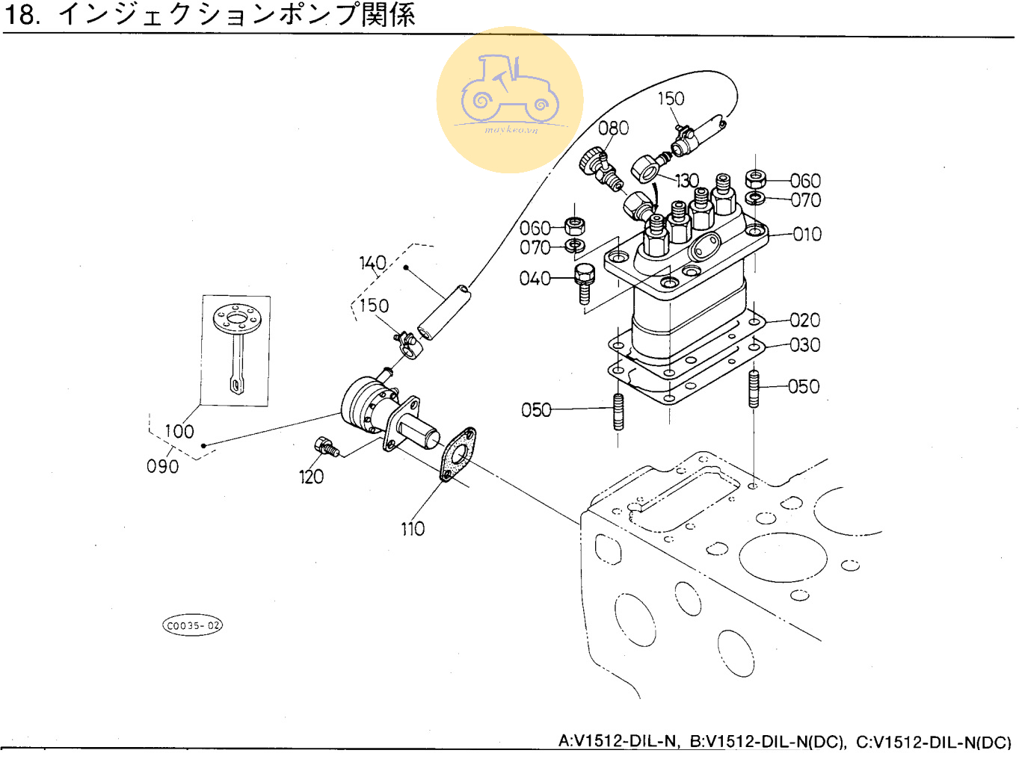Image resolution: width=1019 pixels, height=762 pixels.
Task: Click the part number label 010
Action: coord(807,235)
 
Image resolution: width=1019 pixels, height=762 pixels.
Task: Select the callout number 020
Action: coord(804,320)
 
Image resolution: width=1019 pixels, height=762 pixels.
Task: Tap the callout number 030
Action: coord(804,345)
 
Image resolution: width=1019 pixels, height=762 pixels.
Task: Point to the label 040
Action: coord(535,279)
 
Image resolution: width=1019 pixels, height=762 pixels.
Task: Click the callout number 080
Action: coord(613,128)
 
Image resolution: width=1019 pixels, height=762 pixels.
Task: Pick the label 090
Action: coord(162,466)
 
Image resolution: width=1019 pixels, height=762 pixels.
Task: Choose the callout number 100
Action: coord(179,432)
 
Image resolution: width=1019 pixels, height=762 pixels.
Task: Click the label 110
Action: coord(413,530)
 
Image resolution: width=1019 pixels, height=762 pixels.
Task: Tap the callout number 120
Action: coord(311,477)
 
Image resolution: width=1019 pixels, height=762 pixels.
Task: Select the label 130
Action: coord(686,181)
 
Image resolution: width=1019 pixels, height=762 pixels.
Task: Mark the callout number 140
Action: coord(372,263)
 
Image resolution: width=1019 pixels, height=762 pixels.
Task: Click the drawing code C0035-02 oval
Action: coord(193,625)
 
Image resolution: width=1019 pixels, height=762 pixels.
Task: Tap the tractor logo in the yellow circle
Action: coord(510,90)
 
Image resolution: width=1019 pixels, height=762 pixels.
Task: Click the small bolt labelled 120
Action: coord(327,447)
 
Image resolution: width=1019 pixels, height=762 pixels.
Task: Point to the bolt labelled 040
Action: coord(583,282)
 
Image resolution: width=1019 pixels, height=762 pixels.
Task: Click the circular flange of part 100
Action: coord(237,320)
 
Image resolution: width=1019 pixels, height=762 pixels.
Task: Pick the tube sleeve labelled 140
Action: coord(444,312)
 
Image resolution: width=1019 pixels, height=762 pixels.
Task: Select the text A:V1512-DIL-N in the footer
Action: coord(618,742)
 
